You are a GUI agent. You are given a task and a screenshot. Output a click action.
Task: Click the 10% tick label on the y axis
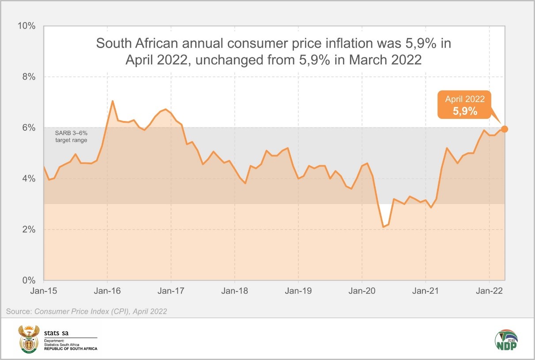tap(26, 26)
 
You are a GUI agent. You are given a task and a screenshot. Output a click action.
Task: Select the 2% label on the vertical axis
tap(28, 230)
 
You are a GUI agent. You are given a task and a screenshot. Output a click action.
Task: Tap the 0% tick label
tap(28, 280)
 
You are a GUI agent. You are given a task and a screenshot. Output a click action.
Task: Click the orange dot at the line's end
tap(505, 129)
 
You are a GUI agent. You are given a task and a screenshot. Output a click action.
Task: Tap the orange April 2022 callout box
tap(465, 105)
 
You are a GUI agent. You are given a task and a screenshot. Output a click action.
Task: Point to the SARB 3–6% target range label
tap(71, 136)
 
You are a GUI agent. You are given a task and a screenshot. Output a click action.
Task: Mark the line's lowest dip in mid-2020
tap(383, 227)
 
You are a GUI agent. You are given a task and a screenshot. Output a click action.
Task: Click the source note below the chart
tap(87, 311)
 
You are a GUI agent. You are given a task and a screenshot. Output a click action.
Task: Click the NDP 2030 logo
tap(506, 340)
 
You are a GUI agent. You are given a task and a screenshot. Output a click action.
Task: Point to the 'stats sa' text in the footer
tap(57, 333)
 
